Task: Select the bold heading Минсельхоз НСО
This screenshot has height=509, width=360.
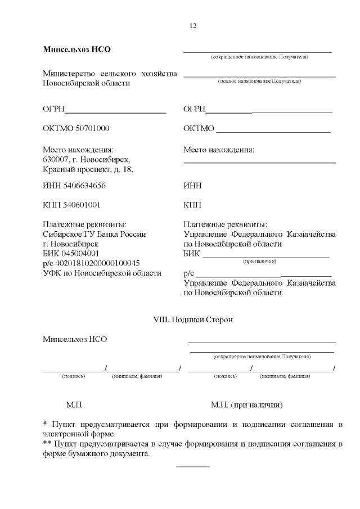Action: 77,49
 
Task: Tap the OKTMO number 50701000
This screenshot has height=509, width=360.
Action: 89,129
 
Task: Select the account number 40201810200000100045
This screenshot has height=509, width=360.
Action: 97,263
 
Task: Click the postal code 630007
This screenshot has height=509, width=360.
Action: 55,160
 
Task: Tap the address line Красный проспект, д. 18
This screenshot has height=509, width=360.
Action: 88,169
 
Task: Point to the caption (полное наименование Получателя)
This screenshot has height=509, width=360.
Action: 259,82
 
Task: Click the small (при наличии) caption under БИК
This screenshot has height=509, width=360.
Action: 259,262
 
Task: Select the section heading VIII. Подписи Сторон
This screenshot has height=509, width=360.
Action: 193,319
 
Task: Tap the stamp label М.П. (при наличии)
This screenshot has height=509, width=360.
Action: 246,405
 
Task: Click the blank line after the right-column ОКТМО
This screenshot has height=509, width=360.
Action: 273,133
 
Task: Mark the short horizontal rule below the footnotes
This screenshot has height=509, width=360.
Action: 193,467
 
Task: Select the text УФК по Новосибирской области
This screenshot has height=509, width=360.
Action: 102,273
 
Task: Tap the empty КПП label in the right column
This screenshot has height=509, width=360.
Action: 192,205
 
